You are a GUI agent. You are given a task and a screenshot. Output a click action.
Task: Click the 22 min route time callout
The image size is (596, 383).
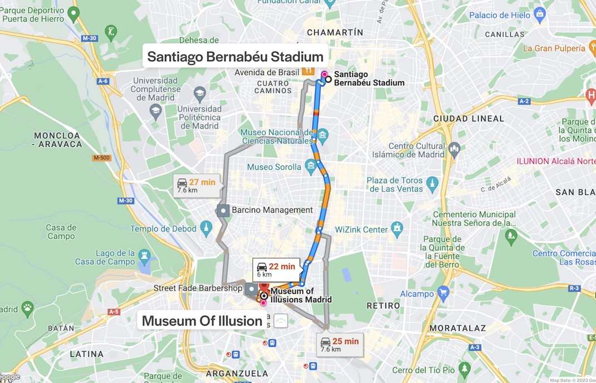tap(276, 269)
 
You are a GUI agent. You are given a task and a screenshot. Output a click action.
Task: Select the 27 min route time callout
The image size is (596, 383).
tap(196, 185)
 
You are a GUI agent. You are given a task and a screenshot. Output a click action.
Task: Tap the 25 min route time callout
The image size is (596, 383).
tap(340, 345)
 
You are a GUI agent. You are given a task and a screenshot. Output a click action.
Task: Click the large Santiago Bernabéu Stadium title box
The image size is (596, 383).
tap(235, 57)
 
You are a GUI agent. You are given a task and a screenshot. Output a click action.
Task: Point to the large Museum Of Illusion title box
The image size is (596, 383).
tap(202, 321)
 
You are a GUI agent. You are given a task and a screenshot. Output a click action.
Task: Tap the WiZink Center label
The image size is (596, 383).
tap(361, 229)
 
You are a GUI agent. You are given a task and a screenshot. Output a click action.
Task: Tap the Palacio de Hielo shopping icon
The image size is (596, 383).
tap(539, 13)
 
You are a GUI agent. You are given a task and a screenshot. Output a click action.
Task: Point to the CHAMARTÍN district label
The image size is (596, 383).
tap(335, 33)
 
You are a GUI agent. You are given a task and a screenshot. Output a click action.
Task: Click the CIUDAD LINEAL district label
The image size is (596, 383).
tap(468, 119)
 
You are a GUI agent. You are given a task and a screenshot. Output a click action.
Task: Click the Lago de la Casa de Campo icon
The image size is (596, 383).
tap(145, 256)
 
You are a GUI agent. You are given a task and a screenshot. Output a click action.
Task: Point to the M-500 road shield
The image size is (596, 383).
tap(102, 158)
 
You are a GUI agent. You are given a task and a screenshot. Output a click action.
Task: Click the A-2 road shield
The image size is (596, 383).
tap(524, 101)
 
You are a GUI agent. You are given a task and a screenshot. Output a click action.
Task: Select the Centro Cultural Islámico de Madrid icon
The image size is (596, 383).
tap(454, 149)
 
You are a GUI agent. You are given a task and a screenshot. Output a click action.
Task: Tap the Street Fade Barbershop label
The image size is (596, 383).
tap(198, 288)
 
